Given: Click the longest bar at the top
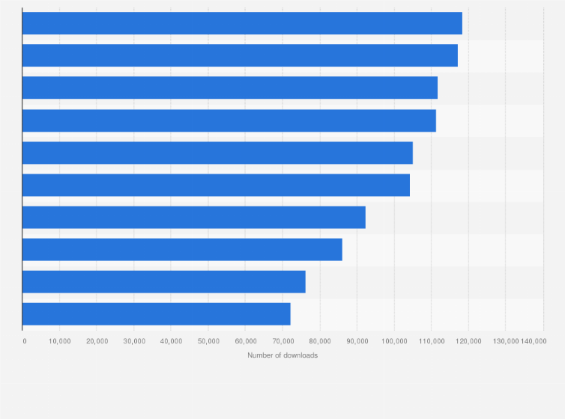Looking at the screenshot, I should [x=242, y=23].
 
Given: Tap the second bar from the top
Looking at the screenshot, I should [x=240, y=55].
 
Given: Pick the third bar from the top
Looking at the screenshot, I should [x=229, y=88].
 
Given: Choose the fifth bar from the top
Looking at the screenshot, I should [x=217, y=153].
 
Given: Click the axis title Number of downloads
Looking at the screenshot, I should [x=282, y=355].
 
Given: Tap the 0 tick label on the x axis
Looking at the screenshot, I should [x=25, y=341].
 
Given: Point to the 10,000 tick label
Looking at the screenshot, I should [x=59, y=341].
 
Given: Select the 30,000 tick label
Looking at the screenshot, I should [x=134, y=341].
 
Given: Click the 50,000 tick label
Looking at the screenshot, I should [x=208, y=341].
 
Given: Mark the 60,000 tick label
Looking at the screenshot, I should [x=245, y=341].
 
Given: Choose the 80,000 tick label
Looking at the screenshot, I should [x=320, y=341].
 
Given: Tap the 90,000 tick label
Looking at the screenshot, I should [x=357, y=341].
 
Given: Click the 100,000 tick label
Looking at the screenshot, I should [x=394, y=341].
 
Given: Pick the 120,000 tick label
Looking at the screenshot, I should [x=468, y=341].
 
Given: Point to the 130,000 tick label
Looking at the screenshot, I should [x=505, y=341].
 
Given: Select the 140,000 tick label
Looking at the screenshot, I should [x=534, y=341].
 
